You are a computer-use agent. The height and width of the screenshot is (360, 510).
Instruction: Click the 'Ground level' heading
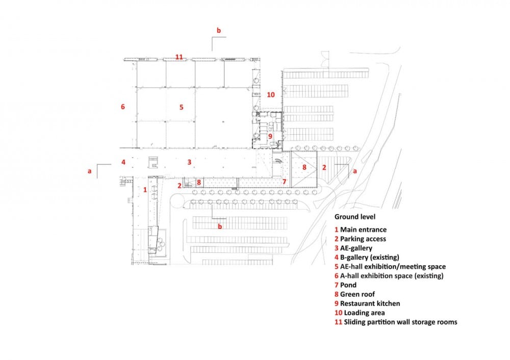(355, 217)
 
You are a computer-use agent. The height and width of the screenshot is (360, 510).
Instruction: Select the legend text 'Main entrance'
(363, 229)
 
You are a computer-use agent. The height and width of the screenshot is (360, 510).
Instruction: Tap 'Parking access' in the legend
(363, 239)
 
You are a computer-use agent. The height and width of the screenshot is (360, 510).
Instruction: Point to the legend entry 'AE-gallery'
(356, 248)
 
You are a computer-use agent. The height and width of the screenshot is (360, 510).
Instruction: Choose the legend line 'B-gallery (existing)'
(369, 258)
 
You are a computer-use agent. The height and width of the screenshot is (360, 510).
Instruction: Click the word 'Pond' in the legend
(348, 285)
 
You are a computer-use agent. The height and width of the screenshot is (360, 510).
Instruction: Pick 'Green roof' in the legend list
(358, 294)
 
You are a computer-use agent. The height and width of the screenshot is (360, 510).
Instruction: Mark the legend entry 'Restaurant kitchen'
(370, 303)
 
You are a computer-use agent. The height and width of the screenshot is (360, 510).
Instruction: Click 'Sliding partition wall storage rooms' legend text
(401, 322)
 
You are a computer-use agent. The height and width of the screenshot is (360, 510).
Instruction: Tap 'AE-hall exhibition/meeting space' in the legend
(393, 267)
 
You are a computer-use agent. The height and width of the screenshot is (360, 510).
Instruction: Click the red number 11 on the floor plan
(179, 57)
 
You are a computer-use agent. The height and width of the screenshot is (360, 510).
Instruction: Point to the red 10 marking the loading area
(271, 95)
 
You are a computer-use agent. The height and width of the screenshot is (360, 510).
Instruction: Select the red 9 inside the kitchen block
(270, 137)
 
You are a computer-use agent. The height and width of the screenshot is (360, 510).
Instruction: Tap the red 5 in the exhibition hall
(182, 107)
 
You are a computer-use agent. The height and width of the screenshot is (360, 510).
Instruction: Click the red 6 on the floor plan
(122, 107)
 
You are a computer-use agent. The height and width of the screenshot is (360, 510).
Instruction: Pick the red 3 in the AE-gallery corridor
(189, 162)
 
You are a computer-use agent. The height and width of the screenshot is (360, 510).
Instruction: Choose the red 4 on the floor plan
(123, 162)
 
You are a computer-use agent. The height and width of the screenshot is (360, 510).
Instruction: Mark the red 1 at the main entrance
(145, 190)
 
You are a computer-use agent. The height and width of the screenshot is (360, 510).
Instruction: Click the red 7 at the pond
(284, 182)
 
